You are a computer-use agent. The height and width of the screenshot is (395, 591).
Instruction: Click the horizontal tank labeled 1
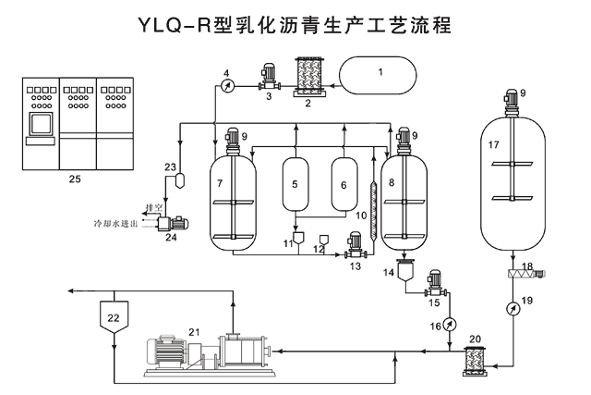click(x=379, y=73)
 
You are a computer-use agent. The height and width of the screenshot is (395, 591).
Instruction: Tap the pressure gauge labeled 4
click(x=227, y=85)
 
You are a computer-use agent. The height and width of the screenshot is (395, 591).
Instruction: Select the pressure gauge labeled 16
click(x=450, y=323)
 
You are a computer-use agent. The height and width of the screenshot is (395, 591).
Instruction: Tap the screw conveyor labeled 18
click(x=525, y=270)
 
